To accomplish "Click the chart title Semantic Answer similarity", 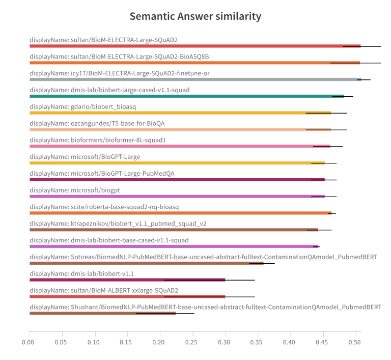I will [195, 16].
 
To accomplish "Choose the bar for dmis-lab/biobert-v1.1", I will [127, 280].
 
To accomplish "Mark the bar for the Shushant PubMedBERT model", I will [102, 313].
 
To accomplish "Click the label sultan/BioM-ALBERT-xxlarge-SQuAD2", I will [104, 290].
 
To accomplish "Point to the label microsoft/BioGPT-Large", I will [85, 157].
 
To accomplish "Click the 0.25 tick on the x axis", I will [192, 342].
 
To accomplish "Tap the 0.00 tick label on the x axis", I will [30, 342].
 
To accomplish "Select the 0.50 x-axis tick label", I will [355, 342].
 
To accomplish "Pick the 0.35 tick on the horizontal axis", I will [258, 342].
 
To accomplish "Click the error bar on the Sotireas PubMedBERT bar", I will [262, 263].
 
